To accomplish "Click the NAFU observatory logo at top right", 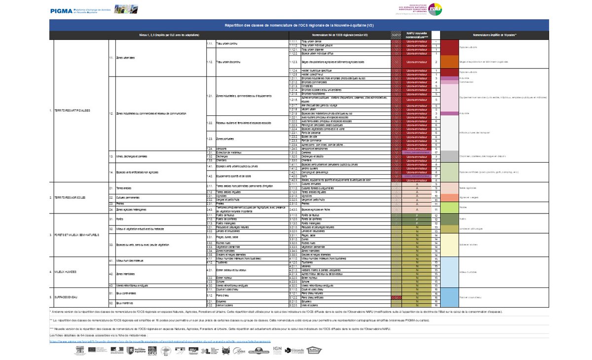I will pos(434,9).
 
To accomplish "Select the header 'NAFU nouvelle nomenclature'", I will pos(417,35).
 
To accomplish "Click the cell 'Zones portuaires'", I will pos(226,139).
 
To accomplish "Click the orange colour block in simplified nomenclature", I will pos(449,62).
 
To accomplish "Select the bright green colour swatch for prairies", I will pos(449,207).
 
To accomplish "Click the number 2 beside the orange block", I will pos(436,62).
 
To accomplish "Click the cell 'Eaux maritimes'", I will pos(125,303).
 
